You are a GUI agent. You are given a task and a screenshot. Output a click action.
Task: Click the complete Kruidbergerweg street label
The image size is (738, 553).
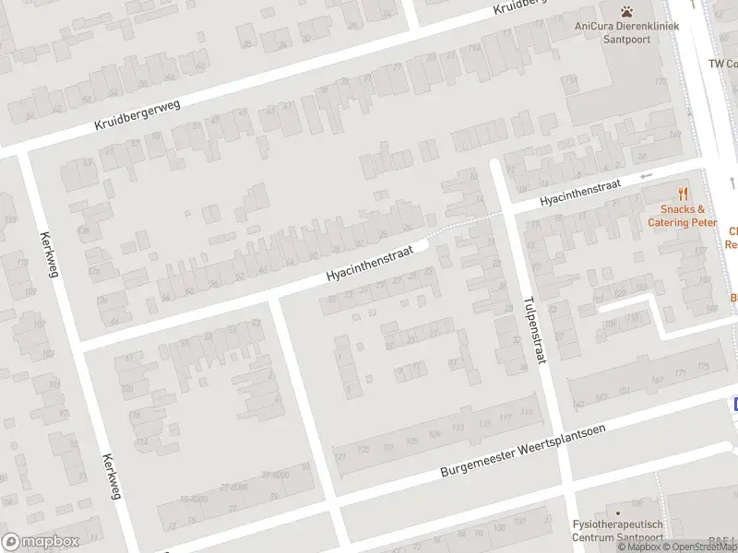137,116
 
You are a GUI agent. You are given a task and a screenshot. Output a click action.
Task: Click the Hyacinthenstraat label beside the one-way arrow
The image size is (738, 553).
580,191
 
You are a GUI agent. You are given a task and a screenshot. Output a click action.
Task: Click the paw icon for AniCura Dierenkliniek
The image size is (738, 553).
626,11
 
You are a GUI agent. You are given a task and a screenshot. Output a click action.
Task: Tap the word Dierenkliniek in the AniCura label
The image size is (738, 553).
645,26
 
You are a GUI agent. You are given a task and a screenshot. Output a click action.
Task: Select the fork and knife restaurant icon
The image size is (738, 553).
683,194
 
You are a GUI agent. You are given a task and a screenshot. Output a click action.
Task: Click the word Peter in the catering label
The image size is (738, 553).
704,222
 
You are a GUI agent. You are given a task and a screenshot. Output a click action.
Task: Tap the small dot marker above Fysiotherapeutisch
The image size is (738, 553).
618,512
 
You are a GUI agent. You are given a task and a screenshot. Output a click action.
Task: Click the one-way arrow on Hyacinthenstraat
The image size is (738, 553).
646,176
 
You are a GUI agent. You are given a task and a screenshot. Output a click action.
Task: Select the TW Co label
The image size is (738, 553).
722,64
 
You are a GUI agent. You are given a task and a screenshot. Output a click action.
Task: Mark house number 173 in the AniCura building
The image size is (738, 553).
659,81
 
